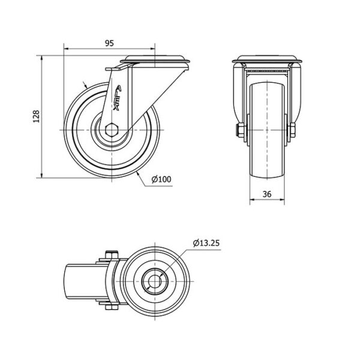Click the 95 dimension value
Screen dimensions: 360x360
tap(109, 43)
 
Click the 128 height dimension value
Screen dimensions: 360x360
tap(36, 116)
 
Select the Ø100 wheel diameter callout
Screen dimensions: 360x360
tap(161, 179)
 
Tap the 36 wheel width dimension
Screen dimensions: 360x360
tap(267, 194)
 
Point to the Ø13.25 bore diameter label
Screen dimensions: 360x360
tap(206, 243)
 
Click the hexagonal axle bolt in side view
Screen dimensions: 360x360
tap(112, 130)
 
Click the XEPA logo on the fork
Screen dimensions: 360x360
tap(118, 98)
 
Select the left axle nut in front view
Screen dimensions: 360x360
tap(241, 130)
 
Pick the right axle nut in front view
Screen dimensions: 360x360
tap(292, 130)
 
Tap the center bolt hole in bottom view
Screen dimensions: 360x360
tap(155, 281)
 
